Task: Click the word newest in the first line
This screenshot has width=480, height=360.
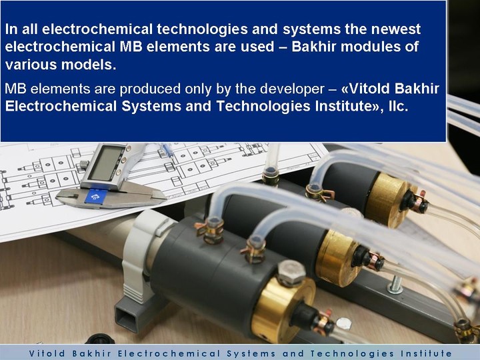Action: [x=396, y=29]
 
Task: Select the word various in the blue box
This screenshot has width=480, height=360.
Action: [x=30, y=65]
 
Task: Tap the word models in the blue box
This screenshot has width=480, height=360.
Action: [x=87, y=65]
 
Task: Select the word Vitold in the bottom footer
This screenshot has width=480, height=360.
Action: [x=47, y=353]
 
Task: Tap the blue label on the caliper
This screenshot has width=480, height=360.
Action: [x=96, y=196]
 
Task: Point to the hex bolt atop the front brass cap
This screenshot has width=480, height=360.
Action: [x=291, y=273]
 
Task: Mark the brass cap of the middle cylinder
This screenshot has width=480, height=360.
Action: [x=337, y=259]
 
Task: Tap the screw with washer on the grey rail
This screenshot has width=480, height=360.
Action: [x=395, y=285]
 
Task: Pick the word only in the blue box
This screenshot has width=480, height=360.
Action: [x=198, y=89]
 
